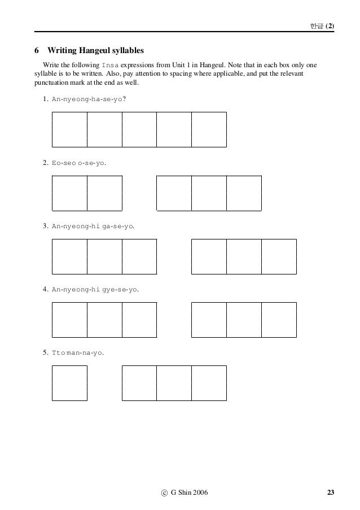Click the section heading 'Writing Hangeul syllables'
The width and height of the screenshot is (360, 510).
[x=96, y=51]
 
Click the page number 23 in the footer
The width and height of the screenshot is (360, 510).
[x=330, y=494]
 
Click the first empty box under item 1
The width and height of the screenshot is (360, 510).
[x=69, y=129]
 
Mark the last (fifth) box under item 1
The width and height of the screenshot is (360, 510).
[x=209, y=129]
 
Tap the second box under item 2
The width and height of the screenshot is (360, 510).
[x=104, y=193]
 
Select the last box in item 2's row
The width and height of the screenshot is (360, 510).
[x=244, y=193]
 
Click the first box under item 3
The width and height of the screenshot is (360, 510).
[x=69, y=256]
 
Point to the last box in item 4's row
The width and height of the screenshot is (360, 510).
[x=279, y=320]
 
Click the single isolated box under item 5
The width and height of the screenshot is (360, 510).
[x=69, y=383]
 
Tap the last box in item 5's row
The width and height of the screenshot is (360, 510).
[x=209, y=383]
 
